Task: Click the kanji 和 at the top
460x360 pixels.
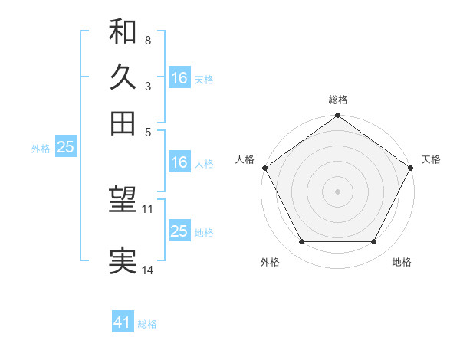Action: (123, 31)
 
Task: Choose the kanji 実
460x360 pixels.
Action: (123, 261)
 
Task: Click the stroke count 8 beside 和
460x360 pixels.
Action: (147, 39)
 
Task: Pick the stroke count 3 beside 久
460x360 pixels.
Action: (147, 86)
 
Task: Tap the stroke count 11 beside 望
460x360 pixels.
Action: (148, 208)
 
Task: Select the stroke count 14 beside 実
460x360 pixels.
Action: (148, 270)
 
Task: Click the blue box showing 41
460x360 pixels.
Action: (123, 322)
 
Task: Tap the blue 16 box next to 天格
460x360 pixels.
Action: (179, 77)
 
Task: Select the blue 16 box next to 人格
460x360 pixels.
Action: (179, 162)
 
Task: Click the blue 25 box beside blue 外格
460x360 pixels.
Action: (65, 147)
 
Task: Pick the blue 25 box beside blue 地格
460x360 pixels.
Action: (179, 231)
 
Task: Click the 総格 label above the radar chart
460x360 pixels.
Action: (338, 100)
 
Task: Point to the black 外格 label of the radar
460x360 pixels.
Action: (270, 263)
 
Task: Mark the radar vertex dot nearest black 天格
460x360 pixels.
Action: (410, 168)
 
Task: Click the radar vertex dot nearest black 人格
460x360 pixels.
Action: (265, 168)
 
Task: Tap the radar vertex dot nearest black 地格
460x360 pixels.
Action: (374, 242)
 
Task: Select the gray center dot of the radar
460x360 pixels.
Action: (337, 191)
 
